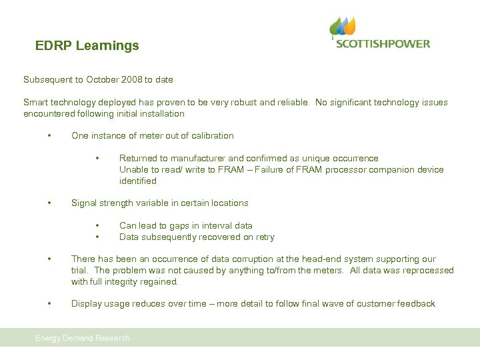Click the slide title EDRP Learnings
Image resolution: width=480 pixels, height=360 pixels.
point(87,46)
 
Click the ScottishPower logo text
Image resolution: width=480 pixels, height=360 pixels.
point(383,44)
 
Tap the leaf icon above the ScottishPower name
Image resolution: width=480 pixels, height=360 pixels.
point(344,27)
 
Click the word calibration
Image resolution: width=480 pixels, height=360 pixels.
point(211,136)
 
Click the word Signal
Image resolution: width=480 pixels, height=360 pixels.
point(84,203)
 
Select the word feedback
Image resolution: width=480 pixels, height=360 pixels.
point(415,304)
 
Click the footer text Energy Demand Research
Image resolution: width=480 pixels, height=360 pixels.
point(83,338)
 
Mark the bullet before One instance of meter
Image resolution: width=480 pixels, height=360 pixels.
point(49,136)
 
